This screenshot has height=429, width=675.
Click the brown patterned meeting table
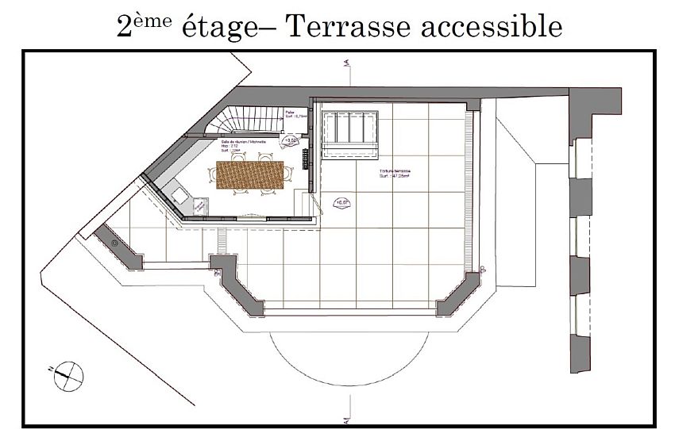[250, 175]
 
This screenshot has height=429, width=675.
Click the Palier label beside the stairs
[292, 113]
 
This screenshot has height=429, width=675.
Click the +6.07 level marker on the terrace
[341, 203]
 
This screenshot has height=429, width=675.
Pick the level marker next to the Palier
[291, 140]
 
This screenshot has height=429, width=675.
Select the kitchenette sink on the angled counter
[177, 193]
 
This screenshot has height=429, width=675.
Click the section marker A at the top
[345, 66]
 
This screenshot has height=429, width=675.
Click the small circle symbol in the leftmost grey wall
[116, 243]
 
